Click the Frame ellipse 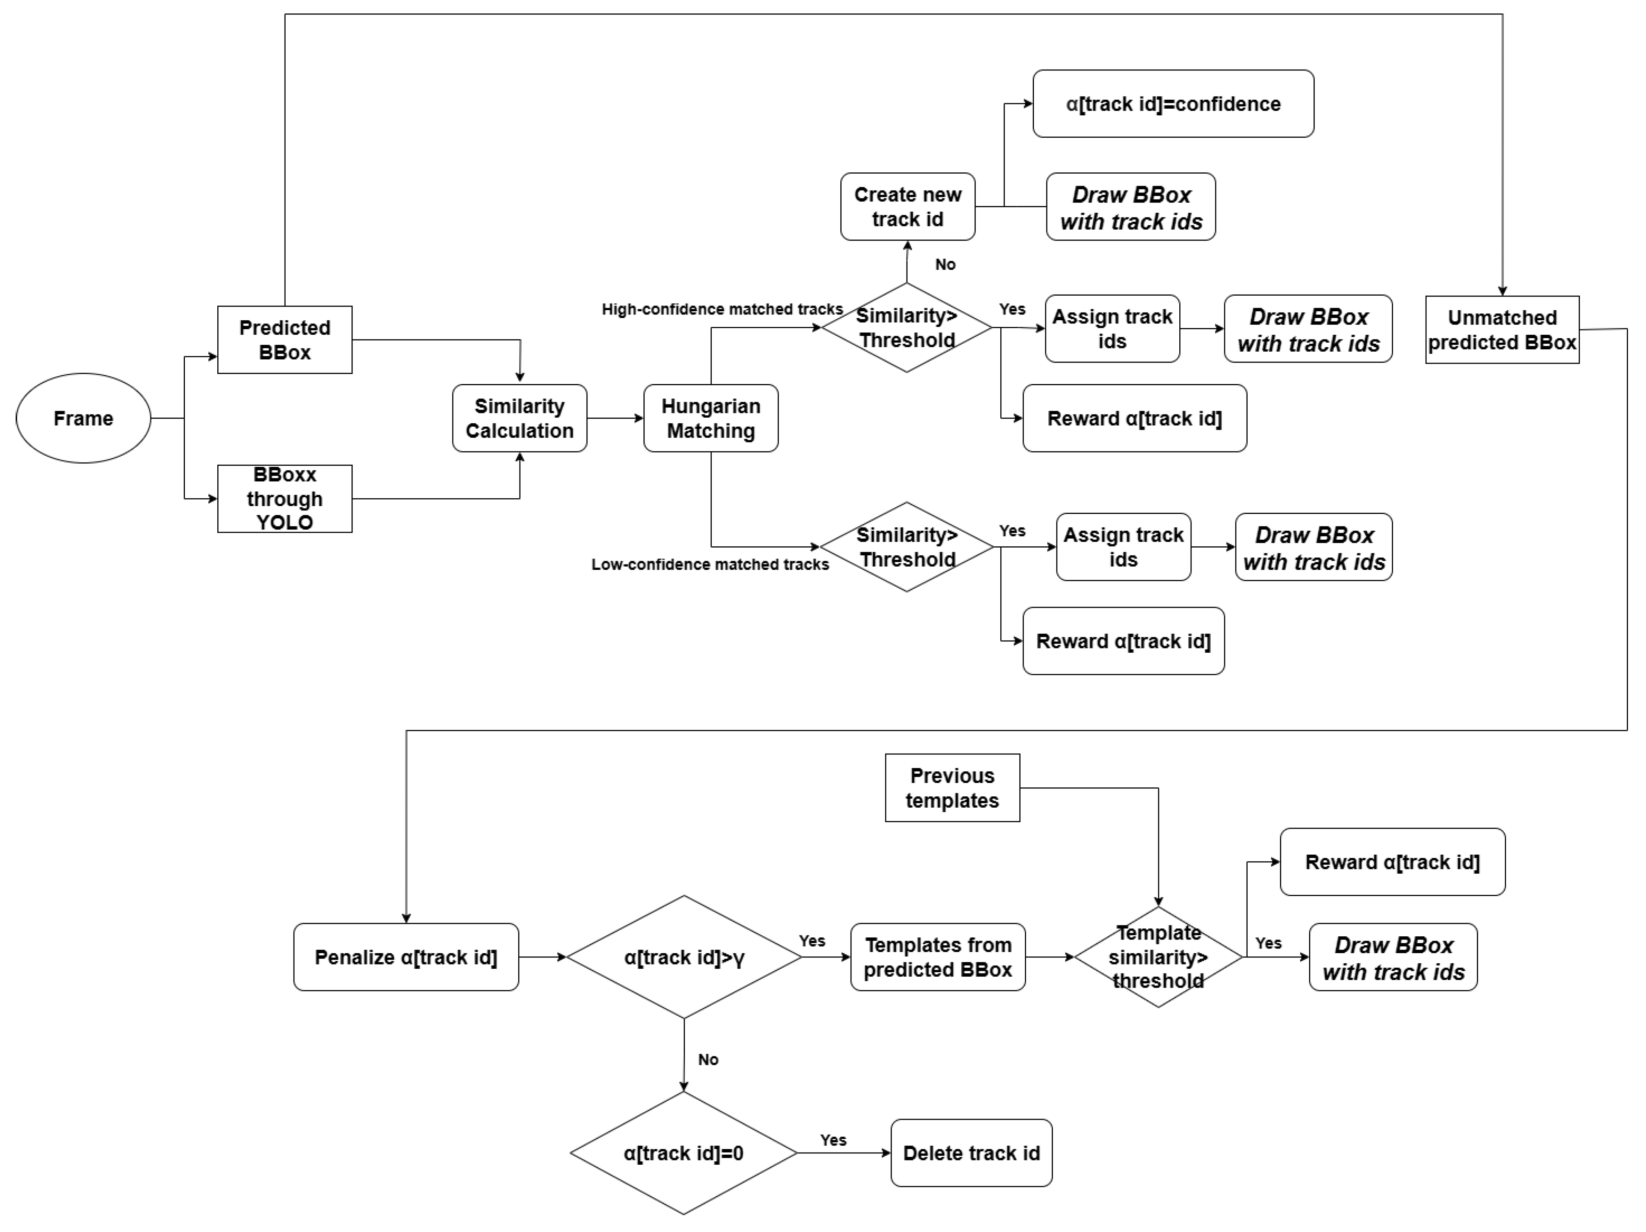point(83,418)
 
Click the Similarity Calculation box point(519,418)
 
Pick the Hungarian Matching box point(711,418)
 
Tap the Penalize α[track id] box point(406,957)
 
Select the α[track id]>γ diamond point(684,957)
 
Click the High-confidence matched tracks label point(722,309)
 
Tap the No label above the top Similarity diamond point(945,264)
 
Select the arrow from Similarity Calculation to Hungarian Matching point(615,418)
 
